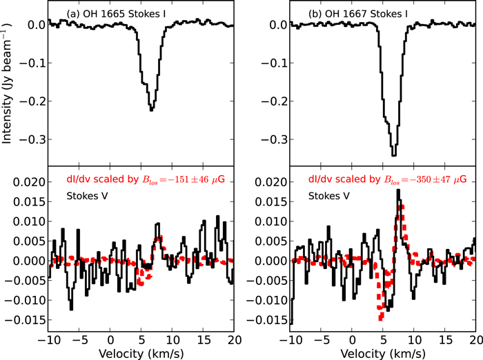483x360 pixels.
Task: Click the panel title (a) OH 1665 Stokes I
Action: tap(111, 13)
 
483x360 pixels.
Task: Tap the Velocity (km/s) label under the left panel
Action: tap(141, 352)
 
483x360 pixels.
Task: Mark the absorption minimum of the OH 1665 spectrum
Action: tap(151, 110)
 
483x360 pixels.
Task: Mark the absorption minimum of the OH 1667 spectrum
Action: tap(393, 154)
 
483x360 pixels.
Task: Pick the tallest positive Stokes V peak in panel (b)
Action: tap(398, 190)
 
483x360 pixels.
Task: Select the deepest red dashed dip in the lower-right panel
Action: tap(380, 317)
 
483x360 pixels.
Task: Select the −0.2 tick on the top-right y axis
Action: tap(275, 101)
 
